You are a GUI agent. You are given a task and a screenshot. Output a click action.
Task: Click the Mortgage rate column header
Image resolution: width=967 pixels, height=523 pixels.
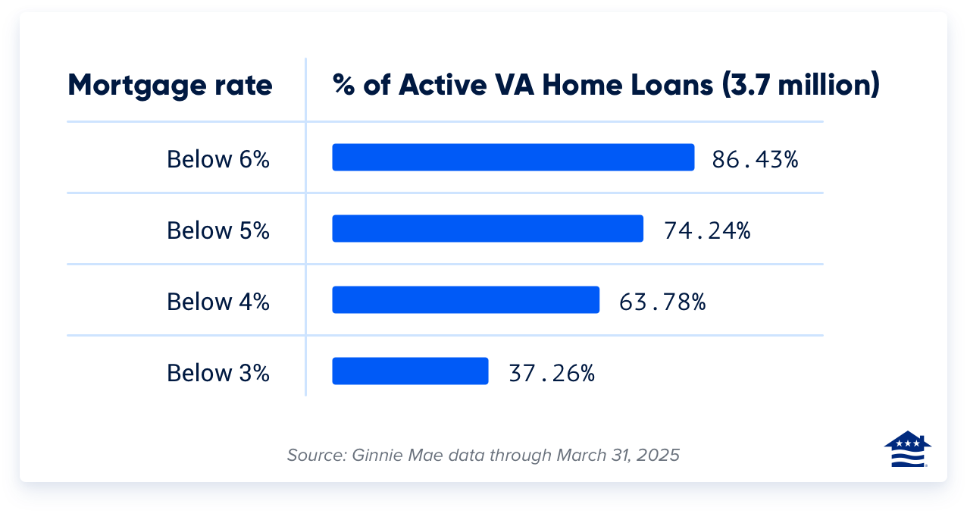coord(170,86)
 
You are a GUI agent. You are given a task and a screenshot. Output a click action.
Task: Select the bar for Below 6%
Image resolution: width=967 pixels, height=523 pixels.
coord(513,158)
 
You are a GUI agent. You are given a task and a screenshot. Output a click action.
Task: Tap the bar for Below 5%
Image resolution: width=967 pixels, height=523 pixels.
coord(487,229)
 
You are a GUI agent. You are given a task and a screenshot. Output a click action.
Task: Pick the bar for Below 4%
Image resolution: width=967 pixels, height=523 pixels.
coord(465,300)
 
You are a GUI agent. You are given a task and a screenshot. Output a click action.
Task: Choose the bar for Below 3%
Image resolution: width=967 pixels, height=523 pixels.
coord(410,371)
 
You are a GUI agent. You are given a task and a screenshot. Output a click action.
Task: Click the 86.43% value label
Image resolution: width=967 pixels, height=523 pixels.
coord(755,159)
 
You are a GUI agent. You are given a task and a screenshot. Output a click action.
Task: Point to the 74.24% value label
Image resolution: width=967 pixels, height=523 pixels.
coord(707,230)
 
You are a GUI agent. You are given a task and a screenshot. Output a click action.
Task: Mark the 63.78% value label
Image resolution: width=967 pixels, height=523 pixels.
coord(662,302)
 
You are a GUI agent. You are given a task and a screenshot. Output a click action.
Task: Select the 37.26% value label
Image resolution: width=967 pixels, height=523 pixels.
coord(551,373)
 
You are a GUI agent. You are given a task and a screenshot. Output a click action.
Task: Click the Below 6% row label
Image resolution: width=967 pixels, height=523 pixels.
coord(218,159)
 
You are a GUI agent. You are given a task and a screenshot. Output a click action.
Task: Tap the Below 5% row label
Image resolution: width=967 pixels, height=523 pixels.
coord(218,230)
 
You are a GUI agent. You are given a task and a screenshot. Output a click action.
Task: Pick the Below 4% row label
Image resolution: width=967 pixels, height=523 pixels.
coord(218,302)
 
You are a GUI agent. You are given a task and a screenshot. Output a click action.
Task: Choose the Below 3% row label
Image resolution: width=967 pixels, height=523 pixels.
coord(218,373)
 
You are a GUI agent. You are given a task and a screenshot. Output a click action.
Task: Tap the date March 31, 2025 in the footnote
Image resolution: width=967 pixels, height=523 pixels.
coord(618,456)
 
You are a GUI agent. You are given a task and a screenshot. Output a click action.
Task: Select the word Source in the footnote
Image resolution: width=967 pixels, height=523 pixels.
coord(315,456)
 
